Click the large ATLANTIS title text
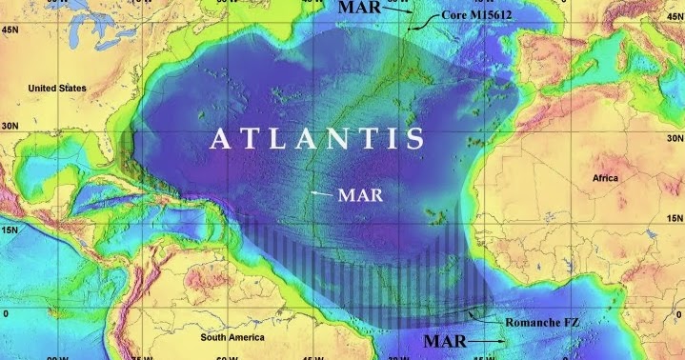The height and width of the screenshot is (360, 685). click(316, 139)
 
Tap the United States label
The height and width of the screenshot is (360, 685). click(57, 89)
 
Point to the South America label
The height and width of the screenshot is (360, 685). click(238, 337)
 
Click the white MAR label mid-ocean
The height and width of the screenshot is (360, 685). click(365, 198)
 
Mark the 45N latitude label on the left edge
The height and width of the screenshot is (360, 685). click(10, 30)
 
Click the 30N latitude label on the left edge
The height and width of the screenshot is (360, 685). click(10, 125)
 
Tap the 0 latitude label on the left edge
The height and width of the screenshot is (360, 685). click(6, 312)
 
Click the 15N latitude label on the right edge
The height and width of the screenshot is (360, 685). click(675, 230)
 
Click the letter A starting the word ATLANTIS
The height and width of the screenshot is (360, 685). click(220, 139)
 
